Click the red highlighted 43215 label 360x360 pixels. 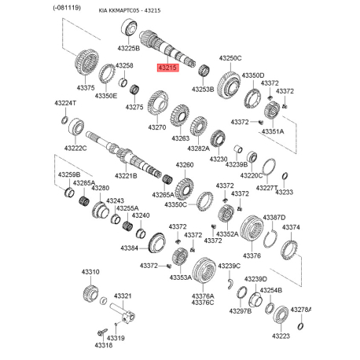168,68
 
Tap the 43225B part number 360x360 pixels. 128,48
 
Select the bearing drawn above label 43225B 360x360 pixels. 129,28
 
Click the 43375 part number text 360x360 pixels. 86,88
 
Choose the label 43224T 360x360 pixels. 65,103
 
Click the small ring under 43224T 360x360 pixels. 64,120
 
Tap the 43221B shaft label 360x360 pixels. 126,176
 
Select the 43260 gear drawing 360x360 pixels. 185,190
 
